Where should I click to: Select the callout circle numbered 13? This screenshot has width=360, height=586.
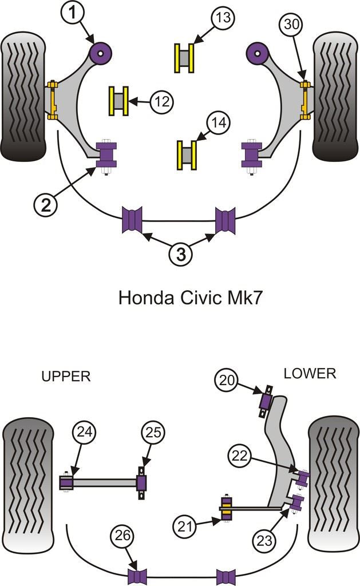point(223,18)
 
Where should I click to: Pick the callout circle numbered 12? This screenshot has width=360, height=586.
point(162,102)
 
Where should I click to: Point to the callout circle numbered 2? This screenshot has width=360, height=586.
point(46,203)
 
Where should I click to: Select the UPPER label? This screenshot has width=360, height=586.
point(66,376)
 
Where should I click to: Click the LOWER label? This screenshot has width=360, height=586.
point(310,374)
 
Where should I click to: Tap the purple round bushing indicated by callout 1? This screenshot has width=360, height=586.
point(101,53)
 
